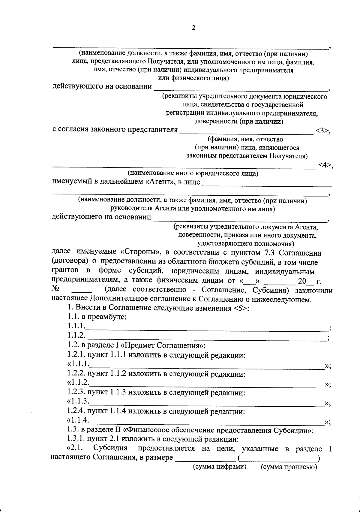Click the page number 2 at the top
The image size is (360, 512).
(x=193, y=28)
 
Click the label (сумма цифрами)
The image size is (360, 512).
(x=219, y=475)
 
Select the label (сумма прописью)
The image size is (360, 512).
(x=289, y=475)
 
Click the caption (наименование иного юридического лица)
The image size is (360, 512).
(x=193, y=173)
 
